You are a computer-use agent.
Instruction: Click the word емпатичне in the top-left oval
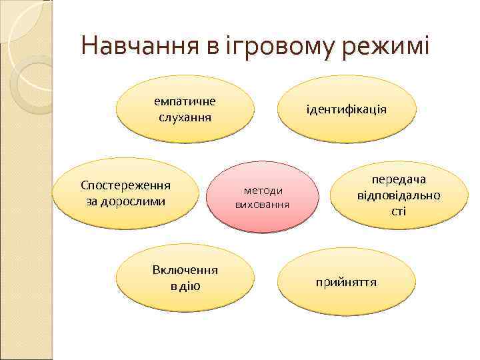(185, 101)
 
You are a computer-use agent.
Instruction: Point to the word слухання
(185, 117)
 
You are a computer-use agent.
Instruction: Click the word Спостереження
(125, 185)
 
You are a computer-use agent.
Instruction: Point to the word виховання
(262, 203)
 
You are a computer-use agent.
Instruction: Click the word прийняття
(347, 282)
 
